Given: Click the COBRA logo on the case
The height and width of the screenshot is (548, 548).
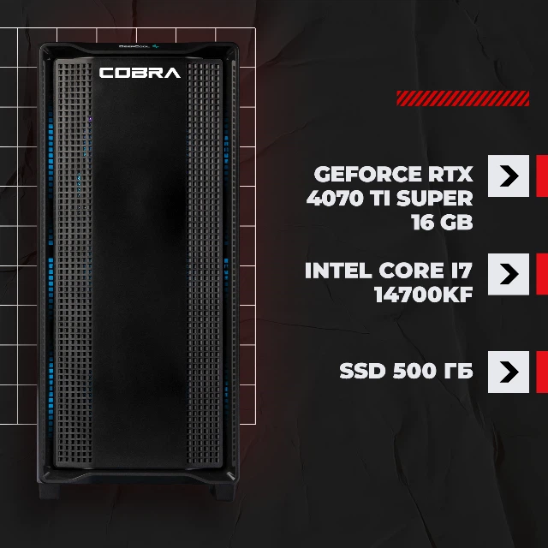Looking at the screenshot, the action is [140, 73].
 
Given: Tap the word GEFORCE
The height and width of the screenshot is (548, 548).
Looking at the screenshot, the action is [368, 174].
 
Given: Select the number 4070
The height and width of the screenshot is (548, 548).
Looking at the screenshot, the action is [330, 198].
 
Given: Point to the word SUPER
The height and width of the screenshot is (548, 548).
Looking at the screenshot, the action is [435, 198].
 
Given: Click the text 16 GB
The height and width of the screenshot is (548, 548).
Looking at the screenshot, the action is [442, 222].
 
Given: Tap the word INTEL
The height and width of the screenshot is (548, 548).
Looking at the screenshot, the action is [338, 271].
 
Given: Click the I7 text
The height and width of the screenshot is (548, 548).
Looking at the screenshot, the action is [462, 271].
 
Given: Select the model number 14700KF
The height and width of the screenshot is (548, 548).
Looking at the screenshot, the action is [423, 295].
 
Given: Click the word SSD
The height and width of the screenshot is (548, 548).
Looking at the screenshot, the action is [362, 371].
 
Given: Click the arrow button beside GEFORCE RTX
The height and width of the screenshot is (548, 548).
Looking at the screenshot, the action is [509, 176].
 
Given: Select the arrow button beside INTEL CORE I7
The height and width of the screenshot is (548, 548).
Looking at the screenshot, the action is [509, 274].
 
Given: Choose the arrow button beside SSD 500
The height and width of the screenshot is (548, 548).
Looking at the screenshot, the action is [509, 372].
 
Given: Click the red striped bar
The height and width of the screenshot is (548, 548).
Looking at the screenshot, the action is [462, 98].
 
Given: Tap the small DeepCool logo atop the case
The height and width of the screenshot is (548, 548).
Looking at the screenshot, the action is [139, 45].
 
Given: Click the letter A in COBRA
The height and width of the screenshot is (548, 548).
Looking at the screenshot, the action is [171, 73].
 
